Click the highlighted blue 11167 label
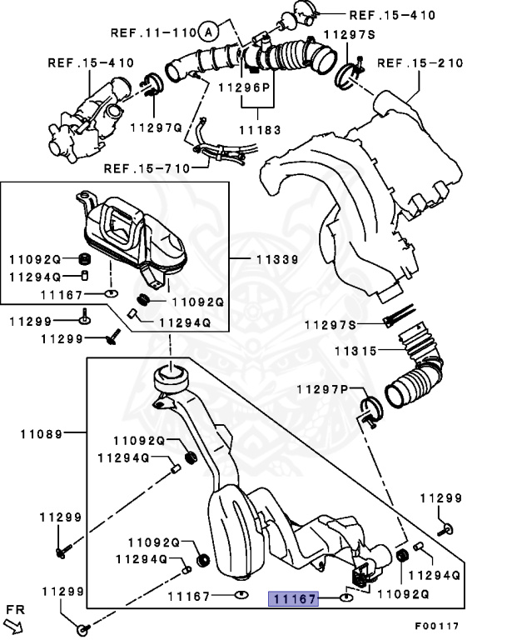pos(293,597)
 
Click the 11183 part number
pos(259,129)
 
